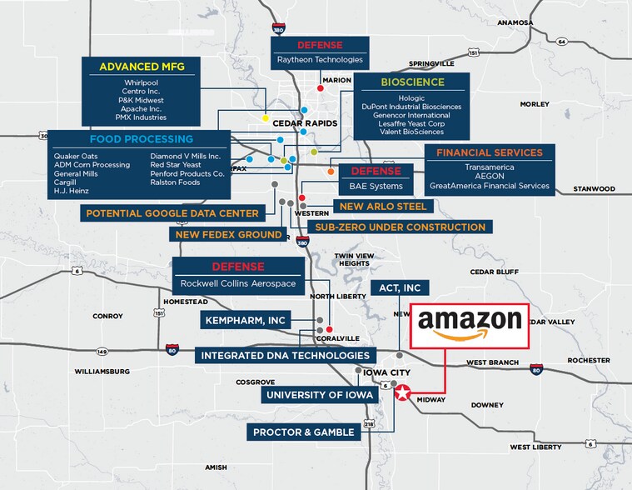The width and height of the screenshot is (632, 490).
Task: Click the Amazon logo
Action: pyautogui.click(x=470, y=325)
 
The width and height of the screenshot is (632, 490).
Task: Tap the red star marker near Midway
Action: pyautogui.click(x=402, y=392)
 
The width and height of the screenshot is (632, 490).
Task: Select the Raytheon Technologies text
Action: pyautogui.click(x=320, y=60)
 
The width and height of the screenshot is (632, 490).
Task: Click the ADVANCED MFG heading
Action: pyautogui.click(x=142, y=67)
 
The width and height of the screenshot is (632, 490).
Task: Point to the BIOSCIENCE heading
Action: pyautogui.click(x=413, y=82)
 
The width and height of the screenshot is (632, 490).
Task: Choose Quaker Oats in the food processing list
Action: pyautogui.click(x=76, y=156)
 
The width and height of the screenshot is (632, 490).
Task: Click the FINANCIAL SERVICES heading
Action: pyautogui.click(x=490, y=152)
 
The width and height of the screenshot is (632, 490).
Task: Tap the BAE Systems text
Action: pyautogui.click(x=376, y=187)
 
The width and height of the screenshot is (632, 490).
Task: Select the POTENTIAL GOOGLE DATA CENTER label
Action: pyautogui.click(x=172, y=213)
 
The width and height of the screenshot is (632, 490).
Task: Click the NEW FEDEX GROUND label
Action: pyautogui.click(x=228, y=234)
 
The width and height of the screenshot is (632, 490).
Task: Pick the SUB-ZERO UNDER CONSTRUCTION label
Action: pyautogui.click(x=401, y=227)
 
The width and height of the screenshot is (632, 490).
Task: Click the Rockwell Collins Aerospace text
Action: pyautogui.click(x=238, y=283)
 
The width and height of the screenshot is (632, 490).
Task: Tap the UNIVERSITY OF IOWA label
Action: pyautogui.click(x=320, y=395)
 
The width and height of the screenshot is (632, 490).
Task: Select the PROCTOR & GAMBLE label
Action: pyautogui.click(x=303, y=432)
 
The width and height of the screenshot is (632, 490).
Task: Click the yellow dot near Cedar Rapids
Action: pyautogui.click(x=266, y=118)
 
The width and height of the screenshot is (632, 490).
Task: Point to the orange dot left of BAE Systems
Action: pyautogui.click(x=331, y=172)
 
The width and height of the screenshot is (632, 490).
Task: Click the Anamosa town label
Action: pyautogui.click(x=515, y=23)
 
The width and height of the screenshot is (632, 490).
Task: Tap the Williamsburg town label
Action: pyautogui.click(x=102, y=372)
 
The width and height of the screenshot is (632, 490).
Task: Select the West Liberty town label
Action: pyautogui.click(x=535, y=447)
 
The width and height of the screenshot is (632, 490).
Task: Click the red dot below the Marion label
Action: pyautogui.click(x=321, y=88)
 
